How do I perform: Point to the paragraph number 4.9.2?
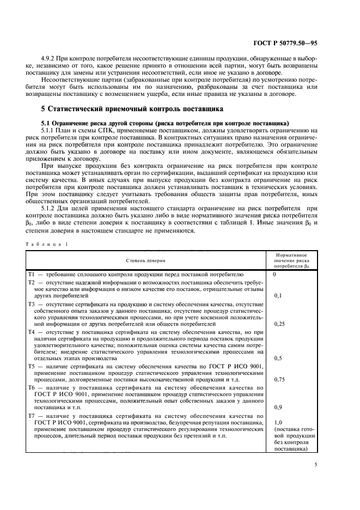[x=49, y=58]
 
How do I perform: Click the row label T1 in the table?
[x=32, y=275]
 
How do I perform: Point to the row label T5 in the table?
[x=32, y=367]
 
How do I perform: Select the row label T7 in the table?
[x=32, y=416]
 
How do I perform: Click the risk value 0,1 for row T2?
[x=278, y=295]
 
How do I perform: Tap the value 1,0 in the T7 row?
[x=278, y=423]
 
